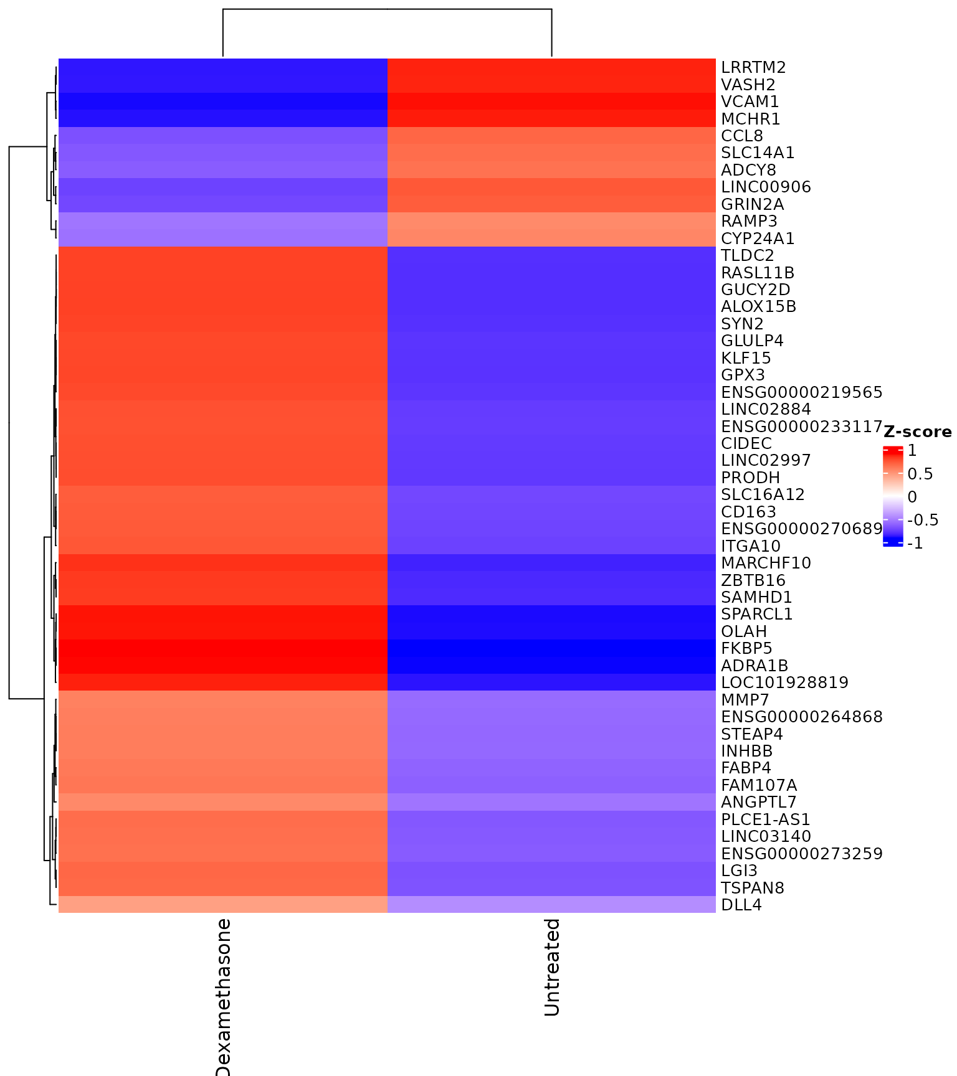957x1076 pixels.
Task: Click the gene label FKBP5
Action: point(746,648)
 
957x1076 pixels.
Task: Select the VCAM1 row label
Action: point(750,101)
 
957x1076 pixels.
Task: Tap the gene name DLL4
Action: point(741,905)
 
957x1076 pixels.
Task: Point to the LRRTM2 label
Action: point(753,67)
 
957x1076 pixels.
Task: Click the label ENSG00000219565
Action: point(801,392)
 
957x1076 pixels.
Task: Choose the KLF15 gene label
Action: point(746,358)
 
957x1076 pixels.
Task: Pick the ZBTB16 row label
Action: point(753,580)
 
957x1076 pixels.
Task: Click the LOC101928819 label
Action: point(784,682)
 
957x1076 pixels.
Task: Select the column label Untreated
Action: point(552,967)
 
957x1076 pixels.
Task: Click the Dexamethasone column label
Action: point(223,996)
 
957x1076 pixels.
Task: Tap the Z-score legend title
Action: point(917,432)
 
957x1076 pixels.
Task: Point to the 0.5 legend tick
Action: point(920,474)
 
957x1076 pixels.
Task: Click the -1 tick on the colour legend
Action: point(915,544)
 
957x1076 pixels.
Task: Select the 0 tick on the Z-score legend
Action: point(912,497)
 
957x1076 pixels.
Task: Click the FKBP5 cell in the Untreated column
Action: point(551,648)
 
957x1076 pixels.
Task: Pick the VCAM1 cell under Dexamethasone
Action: point(223,101)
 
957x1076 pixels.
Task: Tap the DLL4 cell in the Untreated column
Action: point(551,905)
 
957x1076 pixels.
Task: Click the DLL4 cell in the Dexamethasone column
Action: point(223,905)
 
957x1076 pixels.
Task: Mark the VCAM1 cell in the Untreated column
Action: point(551,101)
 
